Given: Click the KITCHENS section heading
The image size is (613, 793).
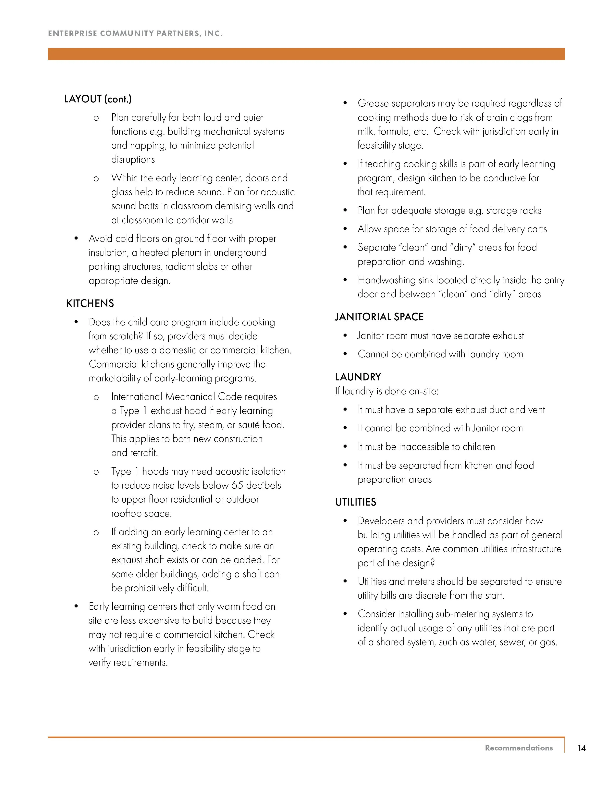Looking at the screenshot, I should coord(90,303).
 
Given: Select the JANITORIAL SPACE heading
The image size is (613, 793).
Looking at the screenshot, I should coord(379,317).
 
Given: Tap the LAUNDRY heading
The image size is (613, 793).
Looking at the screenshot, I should coord(358,377).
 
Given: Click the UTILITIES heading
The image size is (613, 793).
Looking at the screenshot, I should coord(356,502).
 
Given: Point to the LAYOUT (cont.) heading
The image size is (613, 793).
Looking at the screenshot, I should coord(98,99).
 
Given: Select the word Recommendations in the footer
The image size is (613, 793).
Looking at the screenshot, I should coord(519,748).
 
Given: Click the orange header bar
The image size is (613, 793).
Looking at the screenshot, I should coord(306,54).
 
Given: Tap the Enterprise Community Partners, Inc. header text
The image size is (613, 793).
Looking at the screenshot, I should coord(135,33).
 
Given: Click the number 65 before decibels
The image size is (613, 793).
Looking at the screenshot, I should coord(237,485).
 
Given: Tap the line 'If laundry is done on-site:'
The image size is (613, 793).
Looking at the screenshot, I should coord(387,391).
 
